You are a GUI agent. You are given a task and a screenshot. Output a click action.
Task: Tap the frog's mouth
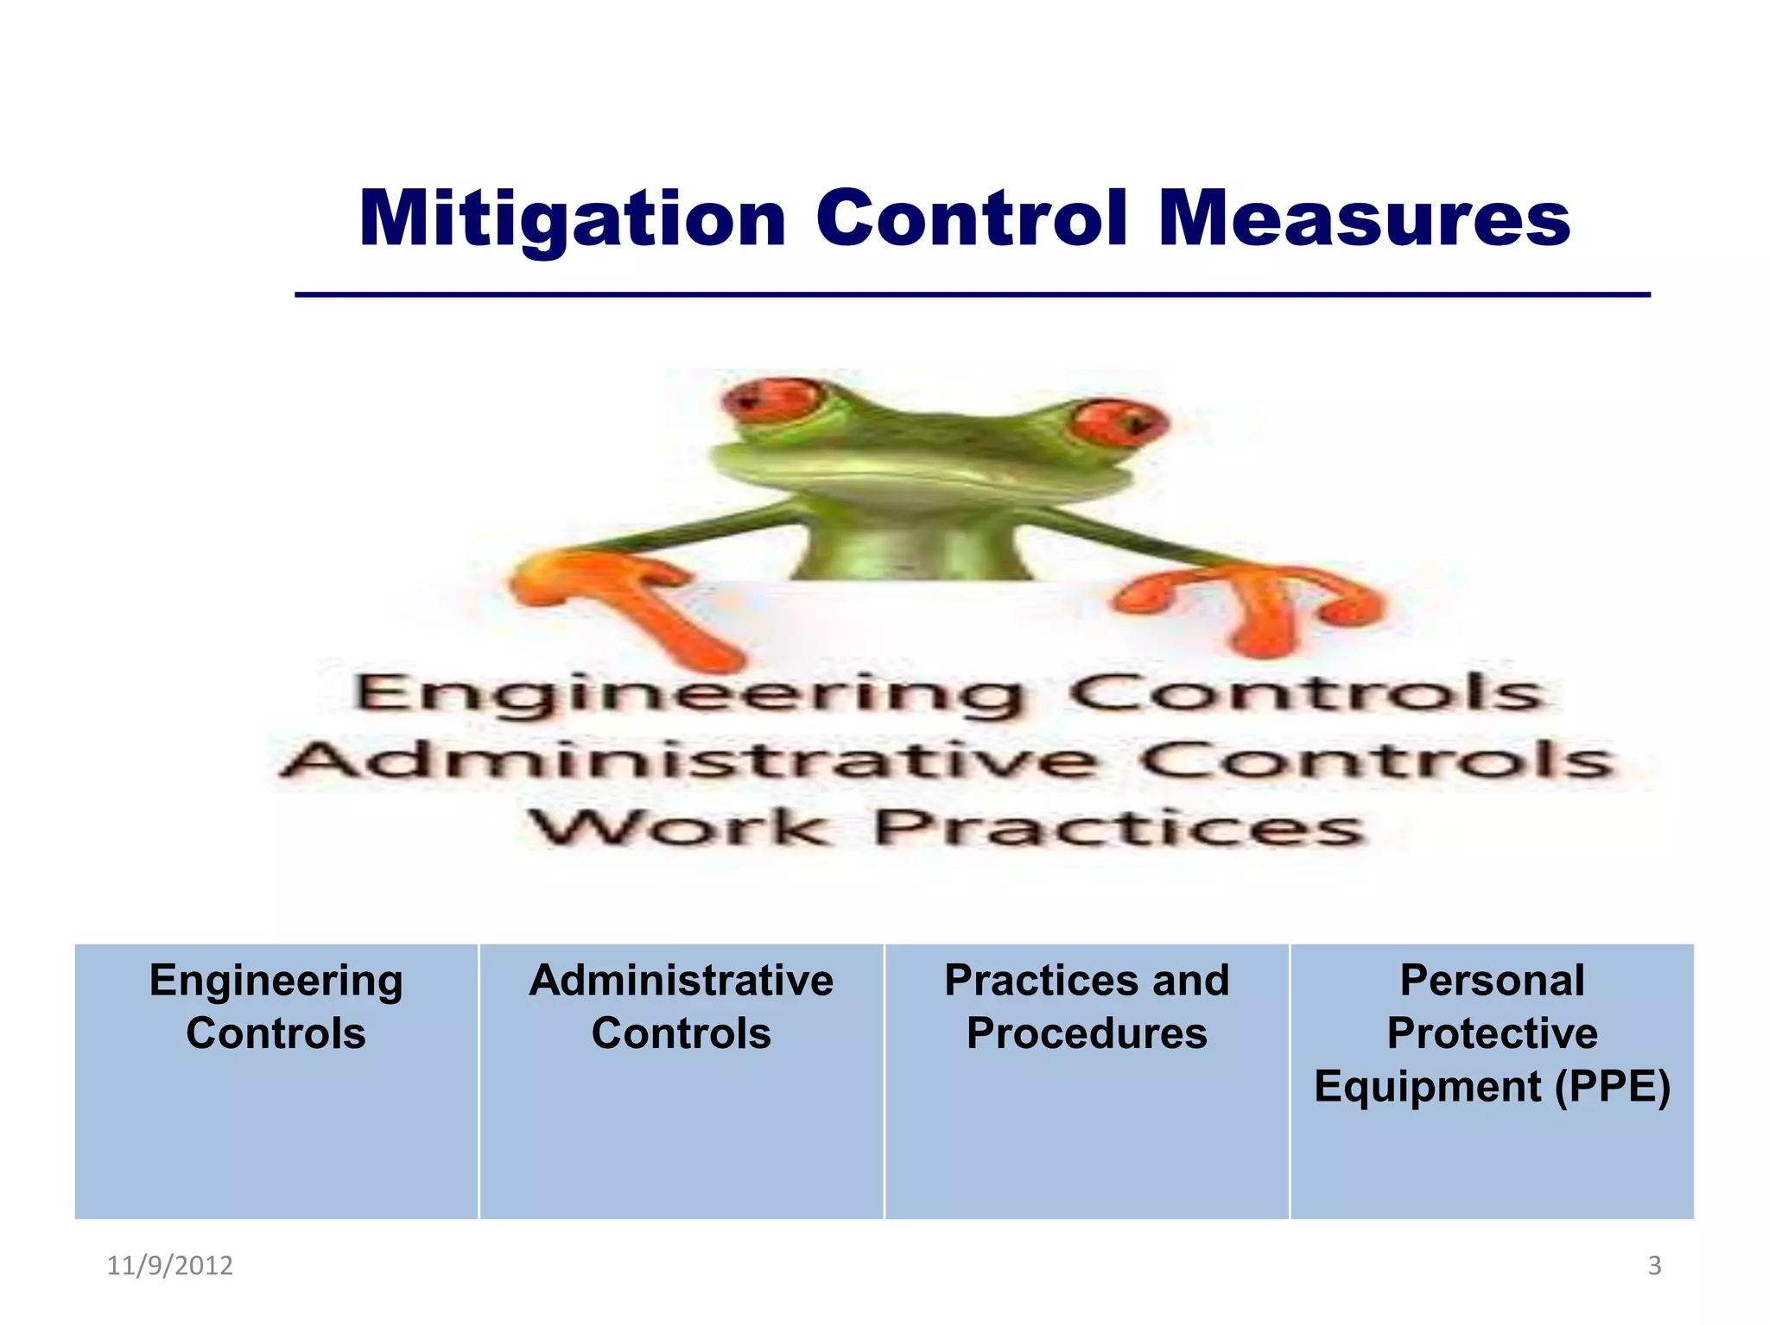pyautogui.click(x=924, y=470)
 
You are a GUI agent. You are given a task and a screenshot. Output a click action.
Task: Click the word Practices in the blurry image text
pyautogui.click(x=1119, y=829)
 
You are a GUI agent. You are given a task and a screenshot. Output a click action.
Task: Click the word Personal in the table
pyautogui.click(x=1492, y=981)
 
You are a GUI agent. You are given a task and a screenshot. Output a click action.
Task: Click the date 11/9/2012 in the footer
pyautogui.click(x=169, y=1266)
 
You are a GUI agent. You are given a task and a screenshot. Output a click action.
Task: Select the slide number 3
pyautogui.click(x=1654, y=1266)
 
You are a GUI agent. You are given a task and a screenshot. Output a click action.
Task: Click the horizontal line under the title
pyautogui.click(x=973, y=295)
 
